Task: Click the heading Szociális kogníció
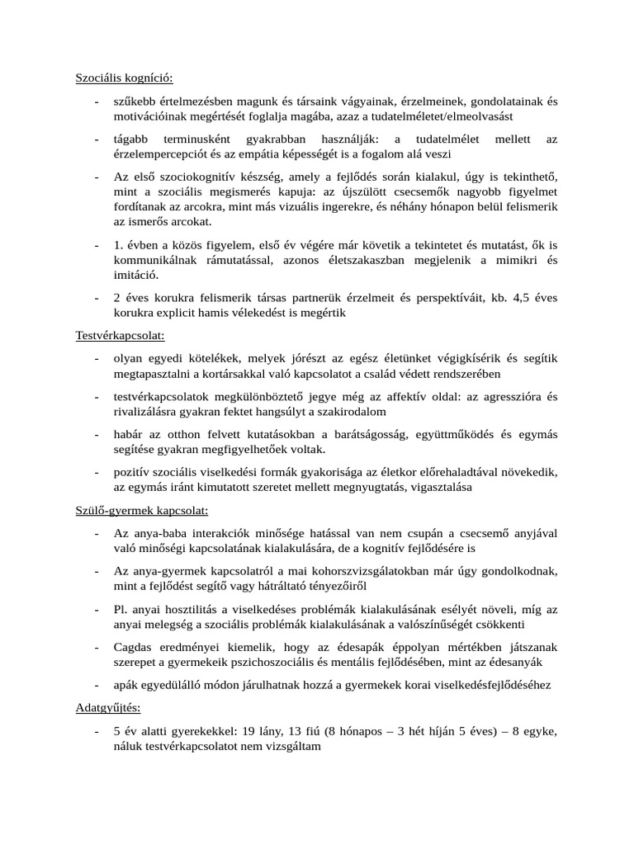(125, 78)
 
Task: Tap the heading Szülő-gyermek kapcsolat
(142, 511)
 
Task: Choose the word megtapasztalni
(154, 374)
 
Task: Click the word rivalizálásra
(152, 412)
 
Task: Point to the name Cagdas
(134, 648)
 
